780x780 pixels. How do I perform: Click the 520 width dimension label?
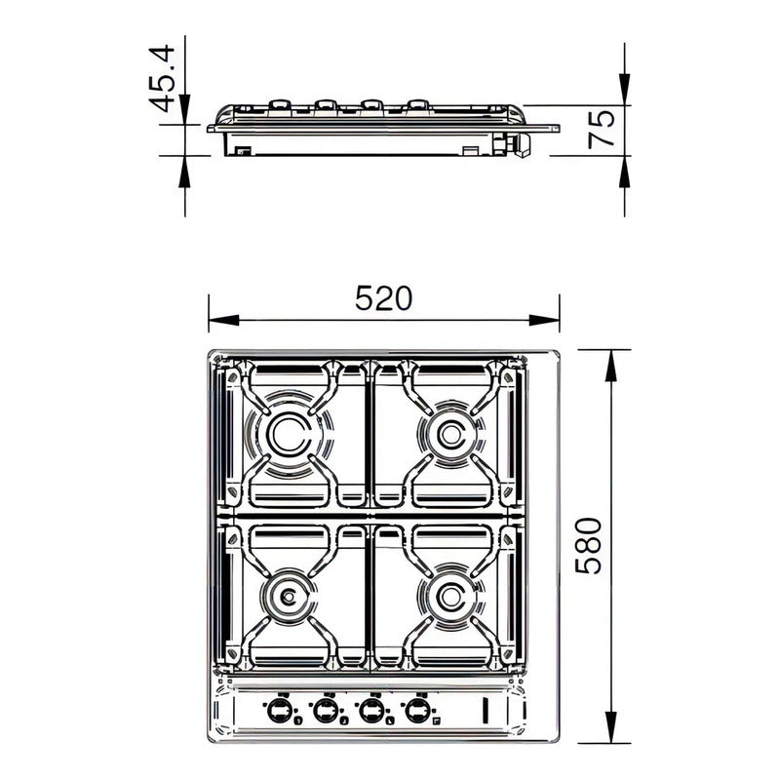click(384, 298)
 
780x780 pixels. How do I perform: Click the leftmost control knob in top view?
click(281, 710)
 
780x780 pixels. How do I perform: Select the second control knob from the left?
click(326, 710)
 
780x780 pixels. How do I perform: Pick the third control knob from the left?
click(371, 710)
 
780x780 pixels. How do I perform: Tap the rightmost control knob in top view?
click(417, 710)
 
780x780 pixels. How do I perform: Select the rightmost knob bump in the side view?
click(417, 102)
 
